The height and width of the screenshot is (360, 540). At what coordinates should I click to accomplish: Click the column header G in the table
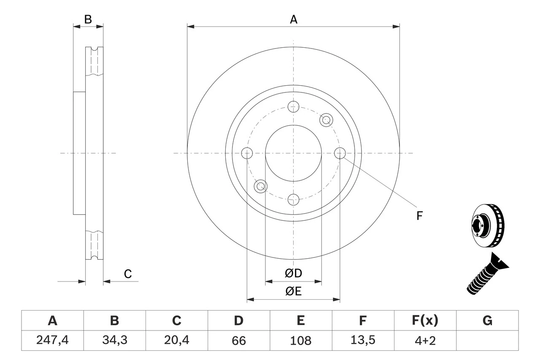tap(487, 321)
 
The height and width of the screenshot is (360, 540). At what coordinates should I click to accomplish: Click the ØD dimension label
tap(294, 273)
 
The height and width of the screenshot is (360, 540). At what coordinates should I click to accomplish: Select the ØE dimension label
tap(294, 292)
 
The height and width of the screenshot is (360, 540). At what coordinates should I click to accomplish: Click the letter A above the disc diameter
tap(294, 19)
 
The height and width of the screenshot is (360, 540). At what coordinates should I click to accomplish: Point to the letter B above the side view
tap(88, 19)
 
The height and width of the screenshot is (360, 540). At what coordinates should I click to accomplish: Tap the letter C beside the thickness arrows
tap(128, 274)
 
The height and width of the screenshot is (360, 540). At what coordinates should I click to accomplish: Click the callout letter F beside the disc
tap(419, 216)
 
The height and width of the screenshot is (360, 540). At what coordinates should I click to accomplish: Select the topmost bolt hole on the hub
tap(294, 106)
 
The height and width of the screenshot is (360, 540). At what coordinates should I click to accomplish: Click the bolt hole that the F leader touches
tap(340, 153)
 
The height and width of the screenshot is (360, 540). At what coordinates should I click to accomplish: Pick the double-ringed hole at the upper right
tap(326, 120)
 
